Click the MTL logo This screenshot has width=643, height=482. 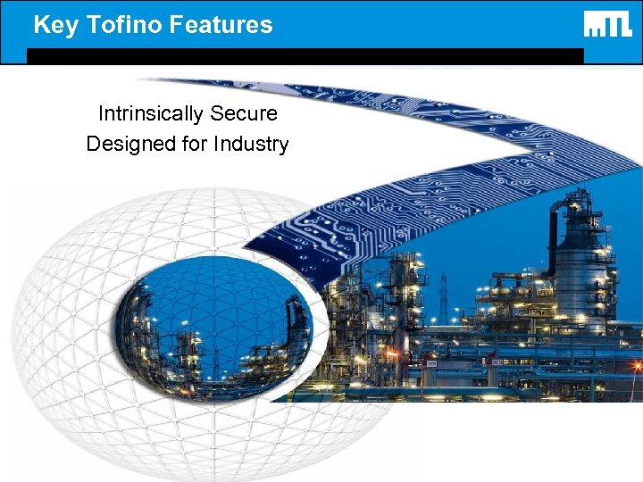pos(608,24)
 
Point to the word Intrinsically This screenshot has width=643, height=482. pos(151,114)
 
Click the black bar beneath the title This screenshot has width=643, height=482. pos(304,55)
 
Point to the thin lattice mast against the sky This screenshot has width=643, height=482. pos(443,295)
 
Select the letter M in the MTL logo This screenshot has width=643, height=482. pos(596,25)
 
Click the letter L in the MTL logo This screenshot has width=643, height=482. pos(626,24)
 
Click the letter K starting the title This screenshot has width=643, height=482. pos(41,25)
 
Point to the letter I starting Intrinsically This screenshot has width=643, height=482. pos(101,114)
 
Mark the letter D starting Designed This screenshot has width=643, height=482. pos(94,144)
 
